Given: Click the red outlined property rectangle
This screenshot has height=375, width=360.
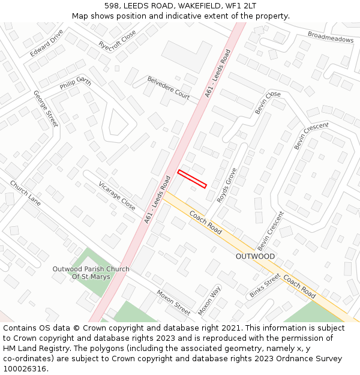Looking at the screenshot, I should tap(192, 179).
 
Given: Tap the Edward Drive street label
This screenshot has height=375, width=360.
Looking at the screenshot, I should tap(46, 43).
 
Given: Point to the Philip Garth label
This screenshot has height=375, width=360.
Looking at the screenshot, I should tap(75, 83).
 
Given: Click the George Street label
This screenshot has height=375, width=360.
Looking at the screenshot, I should tap(46, 109).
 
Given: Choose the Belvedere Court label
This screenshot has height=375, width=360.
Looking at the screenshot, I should tap(169, 88).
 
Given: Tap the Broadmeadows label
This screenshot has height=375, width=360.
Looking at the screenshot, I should tap(331, 37).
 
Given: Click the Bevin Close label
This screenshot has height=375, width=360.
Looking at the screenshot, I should tap(268, 103).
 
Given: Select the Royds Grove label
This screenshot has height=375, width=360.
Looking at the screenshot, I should tap(227, 185).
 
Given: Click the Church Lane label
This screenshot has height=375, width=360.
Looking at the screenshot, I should tap(25, 194).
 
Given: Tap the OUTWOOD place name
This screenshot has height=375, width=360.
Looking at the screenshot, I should tap(255, 256).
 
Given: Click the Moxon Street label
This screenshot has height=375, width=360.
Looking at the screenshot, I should tap(173, 302).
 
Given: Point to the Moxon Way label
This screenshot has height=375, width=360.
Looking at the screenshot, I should tap(209, 301).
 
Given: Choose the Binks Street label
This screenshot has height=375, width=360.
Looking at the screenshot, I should tap(265, 286).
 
